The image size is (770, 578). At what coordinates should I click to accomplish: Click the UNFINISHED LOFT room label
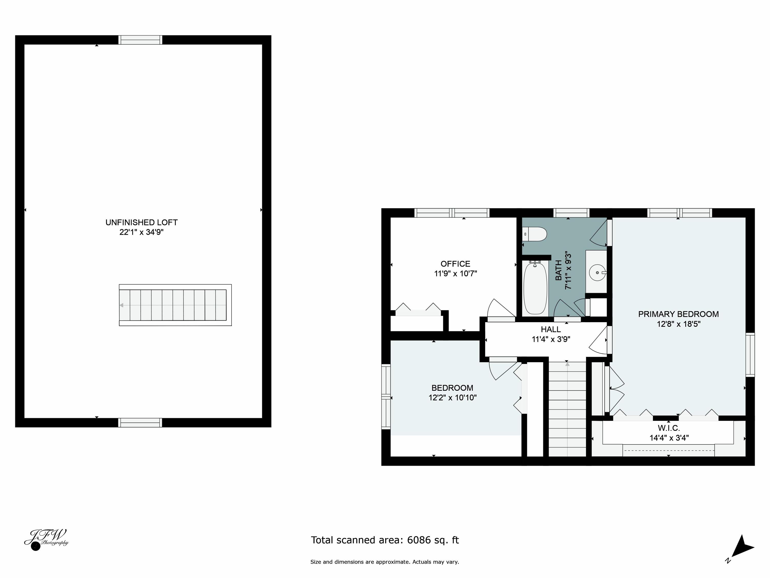[x=141, y=222]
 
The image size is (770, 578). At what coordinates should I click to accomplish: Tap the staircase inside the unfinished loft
[x=175, y=305]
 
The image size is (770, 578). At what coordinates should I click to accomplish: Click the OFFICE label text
[x=455, y=264]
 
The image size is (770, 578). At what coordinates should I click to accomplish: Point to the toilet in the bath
[x=535, y=234]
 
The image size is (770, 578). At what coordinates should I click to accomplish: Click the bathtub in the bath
[x=535, y=288]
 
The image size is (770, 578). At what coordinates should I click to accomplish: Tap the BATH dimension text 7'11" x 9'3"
[x=568, y=270]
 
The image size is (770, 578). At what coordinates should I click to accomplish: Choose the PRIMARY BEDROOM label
[x=678, y=314]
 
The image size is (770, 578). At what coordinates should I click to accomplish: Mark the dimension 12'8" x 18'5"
[x=678, y=324]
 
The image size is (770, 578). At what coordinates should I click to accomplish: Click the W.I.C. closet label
[x=668, y=428]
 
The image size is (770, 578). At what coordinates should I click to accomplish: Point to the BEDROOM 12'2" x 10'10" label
[x=452, y=393]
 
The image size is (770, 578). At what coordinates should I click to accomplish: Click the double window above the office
[x=451, y=213]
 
